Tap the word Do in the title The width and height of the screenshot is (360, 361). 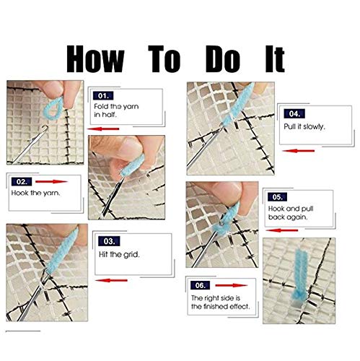(x=231, y=58)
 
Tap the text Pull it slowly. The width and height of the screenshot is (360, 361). (x=304, y=127)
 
